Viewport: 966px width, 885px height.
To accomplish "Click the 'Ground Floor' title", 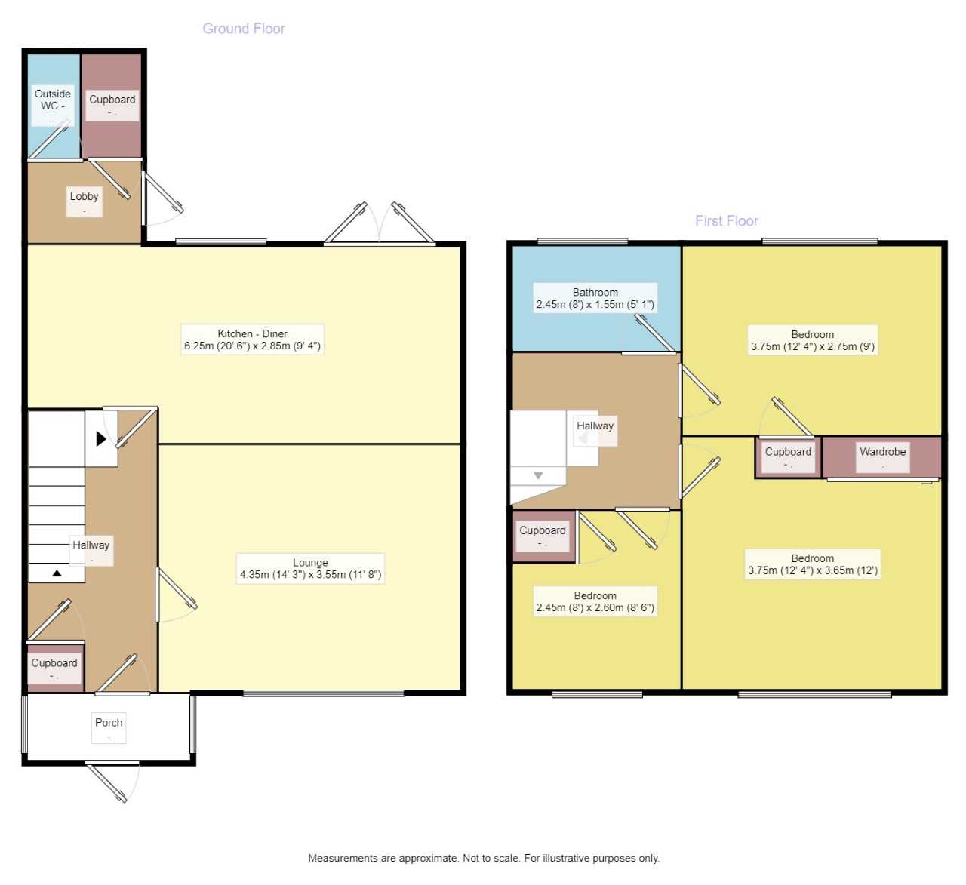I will pyautogui.click(x=243, y=29).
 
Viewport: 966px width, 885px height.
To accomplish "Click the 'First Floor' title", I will pyautogui.click(x=726, y=221).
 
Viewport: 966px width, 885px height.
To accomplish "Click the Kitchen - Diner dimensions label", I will pyautogui.click(x=252, y=340).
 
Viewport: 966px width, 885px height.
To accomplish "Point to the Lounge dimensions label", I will pyautogui.click(x=310, y=569).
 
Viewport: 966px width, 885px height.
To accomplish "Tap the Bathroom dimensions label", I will pyautogui.click(x=595, y=299).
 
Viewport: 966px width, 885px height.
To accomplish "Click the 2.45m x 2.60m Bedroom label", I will pyautogui.click(x=595, y=601).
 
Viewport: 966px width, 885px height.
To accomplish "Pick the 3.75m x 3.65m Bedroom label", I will pyautogui.click(x=812, y=564).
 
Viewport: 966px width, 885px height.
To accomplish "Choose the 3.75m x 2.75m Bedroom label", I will pyautogui.click(x=812, y=340).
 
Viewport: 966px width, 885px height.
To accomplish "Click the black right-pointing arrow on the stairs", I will pyautogui.click(x=101, y=438).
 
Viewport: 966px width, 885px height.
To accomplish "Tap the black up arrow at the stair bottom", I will pyautogui.click(x=57, y=573).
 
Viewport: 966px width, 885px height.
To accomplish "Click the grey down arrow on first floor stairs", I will pyautogui.click(x=538, y=476).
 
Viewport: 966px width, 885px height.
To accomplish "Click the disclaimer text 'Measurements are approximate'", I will pyautogui.click(x=483, y=858).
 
